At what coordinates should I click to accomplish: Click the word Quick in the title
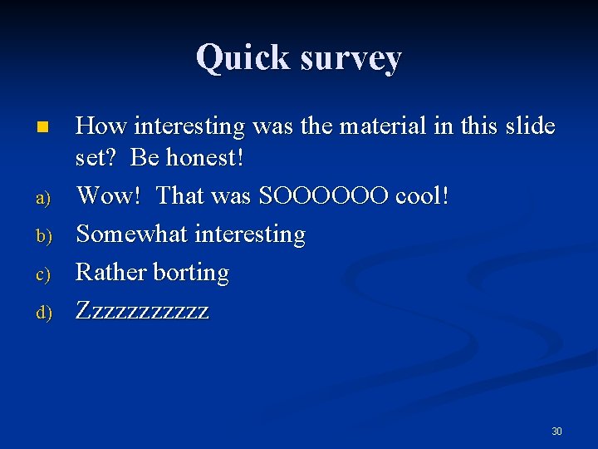click(x=243, y=58)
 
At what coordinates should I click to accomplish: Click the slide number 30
click(x=556, y=432)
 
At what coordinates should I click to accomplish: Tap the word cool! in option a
click(x=423, y=196)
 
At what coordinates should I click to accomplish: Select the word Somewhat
click(x=132, y=234)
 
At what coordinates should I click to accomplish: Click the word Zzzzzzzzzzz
click(x=142, y=311)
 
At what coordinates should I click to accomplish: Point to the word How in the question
click(x=100, y=126)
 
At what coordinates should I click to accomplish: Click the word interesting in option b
click(x=250, y=235)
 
